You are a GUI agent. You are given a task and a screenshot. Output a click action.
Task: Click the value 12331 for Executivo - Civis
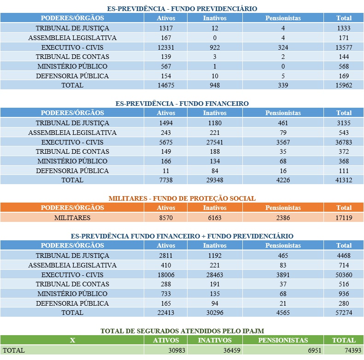(x=166, y=47)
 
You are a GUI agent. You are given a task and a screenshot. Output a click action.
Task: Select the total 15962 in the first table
(x=344, y=85)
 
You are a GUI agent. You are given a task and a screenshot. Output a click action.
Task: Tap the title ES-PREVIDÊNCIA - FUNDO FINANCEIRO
(x=182, y=103)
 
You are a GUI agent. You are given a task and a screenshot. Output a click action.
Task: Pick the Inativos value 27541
(x=215, y=142)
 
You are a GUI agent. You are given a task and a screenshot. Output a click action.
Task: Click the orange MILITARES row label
(x=72, y=218)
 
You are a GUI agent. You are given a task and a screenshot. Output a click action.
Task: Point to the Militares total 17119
(x=344, y=218)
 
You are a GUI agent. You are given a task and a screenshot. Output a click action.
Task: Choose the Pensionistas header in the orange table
(x=283, y=208)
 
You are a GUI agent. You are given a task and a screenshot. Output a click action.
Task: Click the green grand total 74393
(x=353, y=350)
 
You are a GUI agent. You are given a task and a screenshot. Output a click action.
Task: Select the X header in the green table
(x=72, y=340)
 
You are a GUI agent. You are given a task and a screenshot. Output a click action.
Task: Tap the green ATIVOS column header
(x=166, y=340)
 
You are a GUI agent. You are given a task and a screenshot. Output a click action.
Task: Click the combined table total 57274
(x=344, y=313)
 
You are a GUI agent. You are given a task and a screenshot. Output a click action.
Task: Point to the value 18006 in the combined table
(x=166, y=275)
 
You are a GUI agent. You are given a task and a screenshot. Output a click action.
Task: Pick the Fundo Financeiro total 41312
(x=344, y=180)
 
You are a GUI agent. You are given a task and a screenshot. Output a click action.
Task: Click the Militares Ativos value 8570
(x=166, y=218)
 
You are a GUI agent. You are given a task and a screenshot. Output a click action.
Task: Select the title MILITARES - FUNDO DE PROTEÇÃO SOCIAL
(x=182, y=198)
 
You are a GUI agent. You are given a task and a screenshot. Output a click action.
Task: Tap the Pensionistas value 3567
(x=283, y=142)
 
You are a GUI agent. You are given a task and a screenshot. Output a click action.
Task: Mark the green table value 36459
(x=232, y=350)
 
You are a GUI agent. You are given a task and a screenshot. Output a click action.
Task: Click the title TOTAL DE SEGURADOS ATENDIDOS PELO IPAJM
(x=182, y=331)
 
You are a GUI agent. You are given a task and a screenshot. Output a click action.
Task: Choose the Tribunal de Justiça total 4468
(x=344, y=255)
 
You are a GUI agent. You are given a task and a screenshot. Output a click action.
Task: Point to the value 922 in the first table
(x=215, y=47)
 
